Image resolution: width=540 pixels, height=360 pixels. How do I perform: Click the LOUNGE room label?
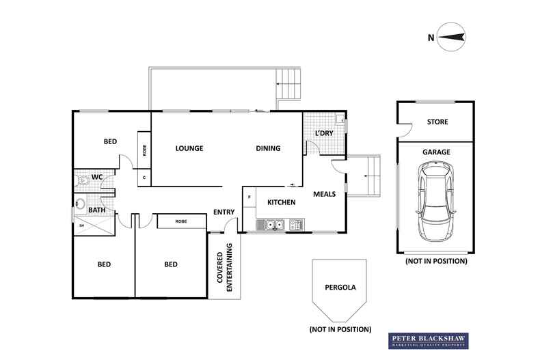(189, 148)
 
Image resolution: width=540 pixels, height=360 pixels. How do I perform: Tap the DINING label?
(268, 148)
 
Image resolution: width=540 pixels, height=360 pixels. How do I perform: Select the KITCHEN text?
(282, 202)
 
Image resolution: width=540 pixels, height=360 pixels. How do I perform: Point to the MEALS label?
(325, 194)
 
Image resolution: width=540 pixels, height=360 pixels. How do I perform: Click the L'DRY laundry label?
(324, 133)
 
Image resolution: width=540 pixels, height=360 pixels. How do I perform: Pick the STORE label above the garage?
(437, 122)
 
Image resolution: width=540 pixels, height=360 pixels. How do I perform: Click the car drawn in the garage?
(435, 202)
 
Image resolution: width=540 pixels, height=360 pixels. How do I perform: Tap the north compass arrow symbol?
(451, 37)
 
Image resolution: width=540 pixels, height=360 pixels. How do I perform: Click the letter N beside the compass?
(431, 38)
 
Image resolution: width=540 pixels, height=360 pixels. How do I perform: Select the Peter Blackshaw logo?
(429, 341)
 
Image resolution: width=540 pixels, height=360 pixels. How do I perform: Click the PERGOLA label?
(340, 288)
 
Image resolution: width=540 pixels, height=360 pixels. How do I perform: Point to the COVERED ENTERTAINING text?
(224, 267)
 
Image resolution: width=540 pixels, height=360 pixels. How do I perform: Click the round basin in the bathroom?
(80, 204)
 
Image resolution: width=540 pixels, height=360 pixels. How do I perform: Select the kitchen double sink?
(271, 225)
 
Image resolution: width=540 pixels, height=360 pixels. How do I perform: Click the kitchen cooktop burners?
(297, 225)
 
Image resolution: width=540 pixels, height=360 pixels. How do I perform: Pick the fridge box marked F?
(249, 197)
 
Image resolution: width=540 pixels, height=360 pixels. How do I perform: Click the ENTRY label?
(224, 212)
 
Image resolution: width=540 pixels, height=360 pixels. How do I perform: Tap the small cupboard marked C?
(144, 178)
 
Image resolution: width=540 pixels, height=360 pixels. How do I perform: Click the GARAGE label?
(436, 152)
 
